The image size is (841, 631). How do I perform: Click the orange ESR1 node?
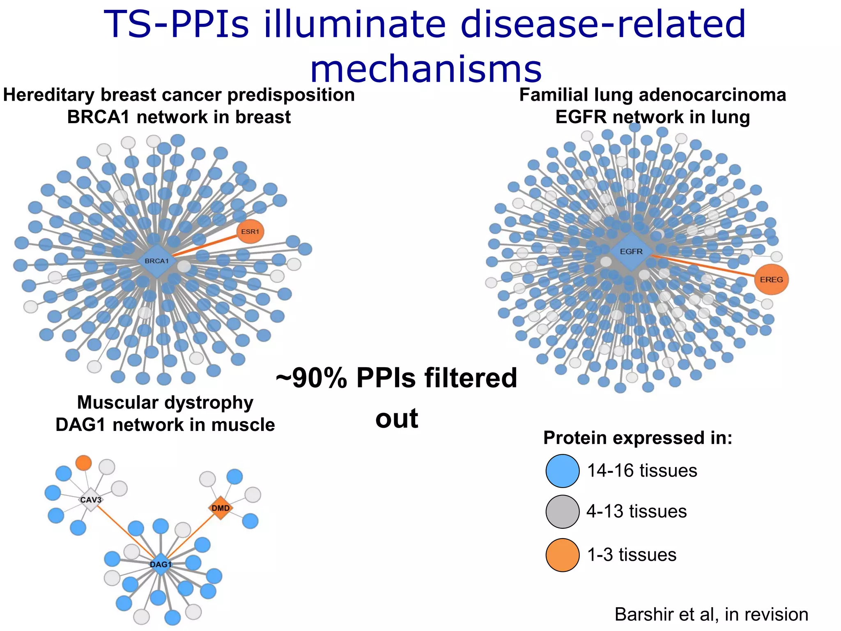coord(250,232)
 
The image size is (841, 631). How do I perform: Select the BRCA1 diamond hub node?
coord(157,261)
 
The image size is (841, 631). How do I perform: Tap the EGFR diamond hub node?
coord(631,251)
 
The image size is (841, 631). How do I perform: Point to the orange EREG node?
coord(771,280)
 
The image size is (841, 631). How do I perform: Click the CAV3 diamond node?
coord(91,500)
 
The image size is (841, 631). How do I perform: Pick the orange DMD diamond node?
coord(221,508)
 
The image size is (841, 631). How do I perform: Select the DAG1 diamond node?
coord(161,564)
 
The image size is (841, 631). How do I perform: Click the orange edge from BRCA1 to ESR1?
coord(205,246)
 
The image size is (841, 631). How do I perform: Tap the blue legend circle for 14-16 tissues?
coord(563,471)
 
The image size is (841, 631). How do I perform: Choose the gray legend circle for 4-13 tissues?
coord(563,511)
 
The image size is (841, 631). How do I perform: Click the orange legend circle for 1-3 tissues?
coord(563,555)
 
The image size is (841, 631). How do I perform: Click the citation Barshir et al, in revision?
coord(711,615)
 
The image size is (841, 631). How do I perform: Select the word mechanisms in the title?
coord(426,69)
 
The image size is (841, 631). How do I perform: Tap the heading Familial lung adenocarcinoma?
coord(653,95)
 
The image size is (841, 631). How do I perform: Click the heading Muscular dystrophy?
coord(165,403)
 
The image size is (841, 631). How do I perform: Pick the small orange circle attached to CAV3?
coord(84,463)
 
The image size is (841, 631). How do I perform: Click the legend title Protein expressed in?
coord(638,438)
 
